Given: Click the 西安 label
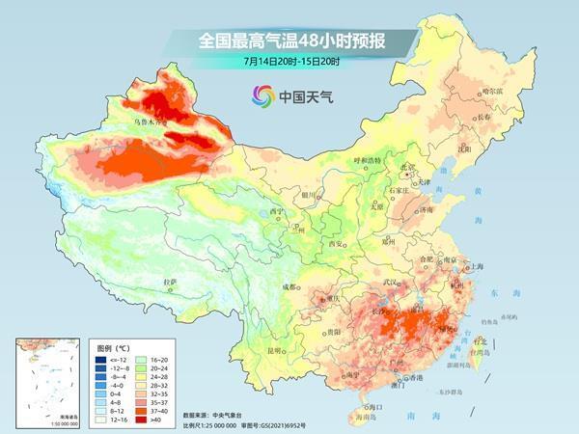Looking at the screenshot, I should pos(337,244).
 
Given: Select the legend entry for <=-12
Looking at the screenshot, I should pos(112,359).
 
